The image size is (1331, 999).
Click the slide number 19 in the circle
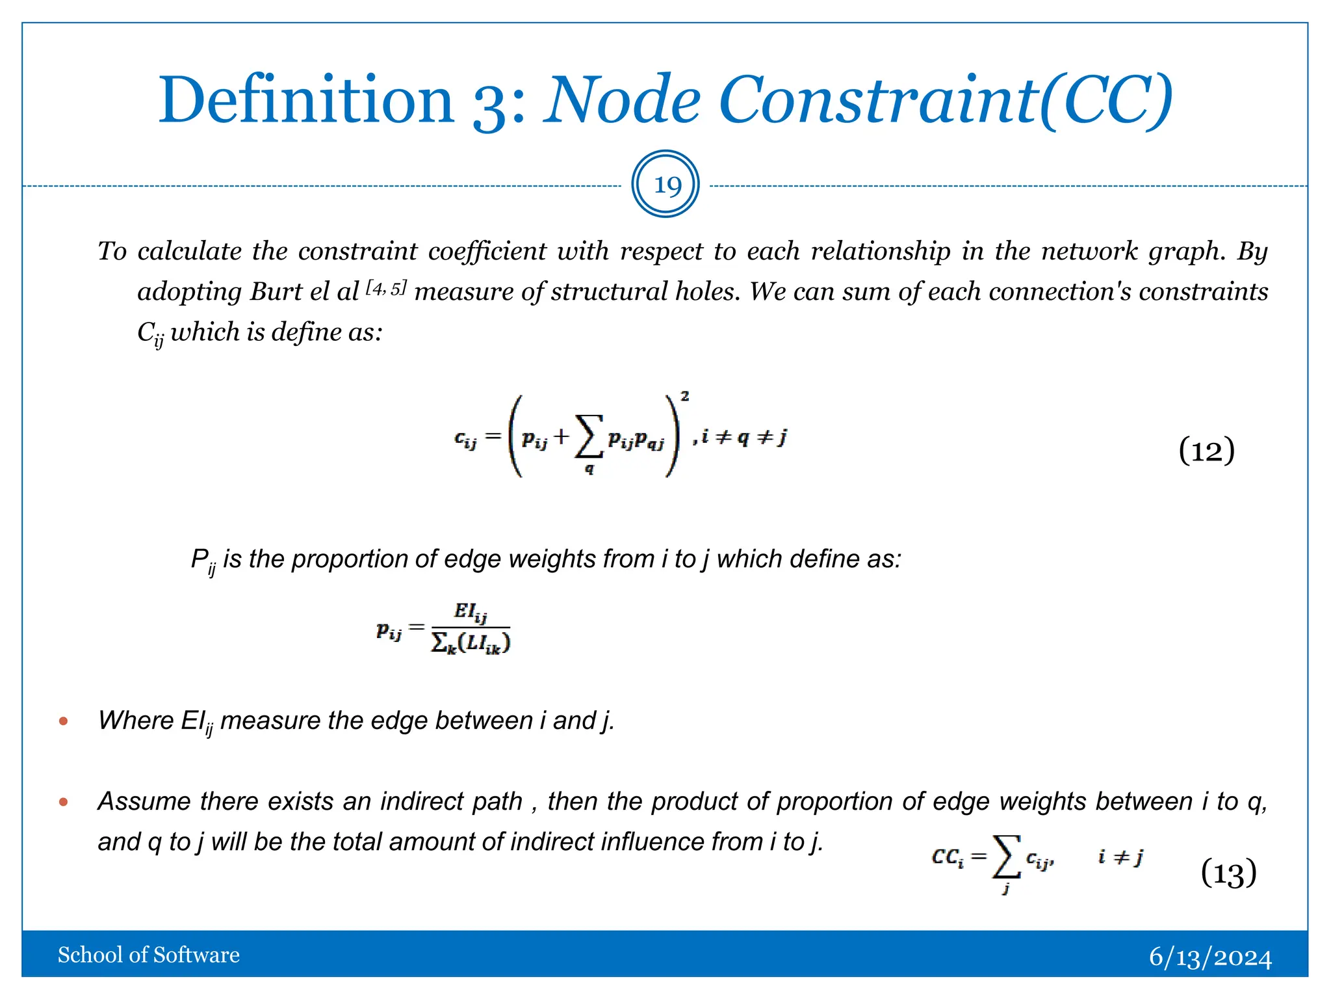666,186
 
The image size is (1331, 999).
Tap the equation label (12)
1206,451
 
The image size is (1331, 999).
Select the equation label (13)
1228,873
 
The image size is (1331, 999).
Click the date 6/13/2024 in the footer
1210,957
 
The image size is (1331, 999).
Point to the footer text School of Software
149,955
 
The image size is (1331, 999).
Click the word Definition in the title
306,101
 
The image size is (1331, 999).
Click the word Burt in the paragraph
276,291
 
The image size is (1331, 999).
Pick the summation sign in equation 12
588,436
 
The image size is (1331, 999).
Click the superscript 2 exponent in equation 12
684,396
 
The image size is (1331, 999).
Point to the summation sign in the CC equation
1007,857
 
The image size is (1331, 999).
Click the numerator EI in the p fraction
470,612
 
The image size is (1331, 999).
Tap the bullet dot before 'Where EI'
63,721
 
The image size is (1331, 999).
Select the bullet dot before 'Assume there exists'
63,802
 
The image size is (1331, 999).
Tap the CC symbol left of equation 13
947,857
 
